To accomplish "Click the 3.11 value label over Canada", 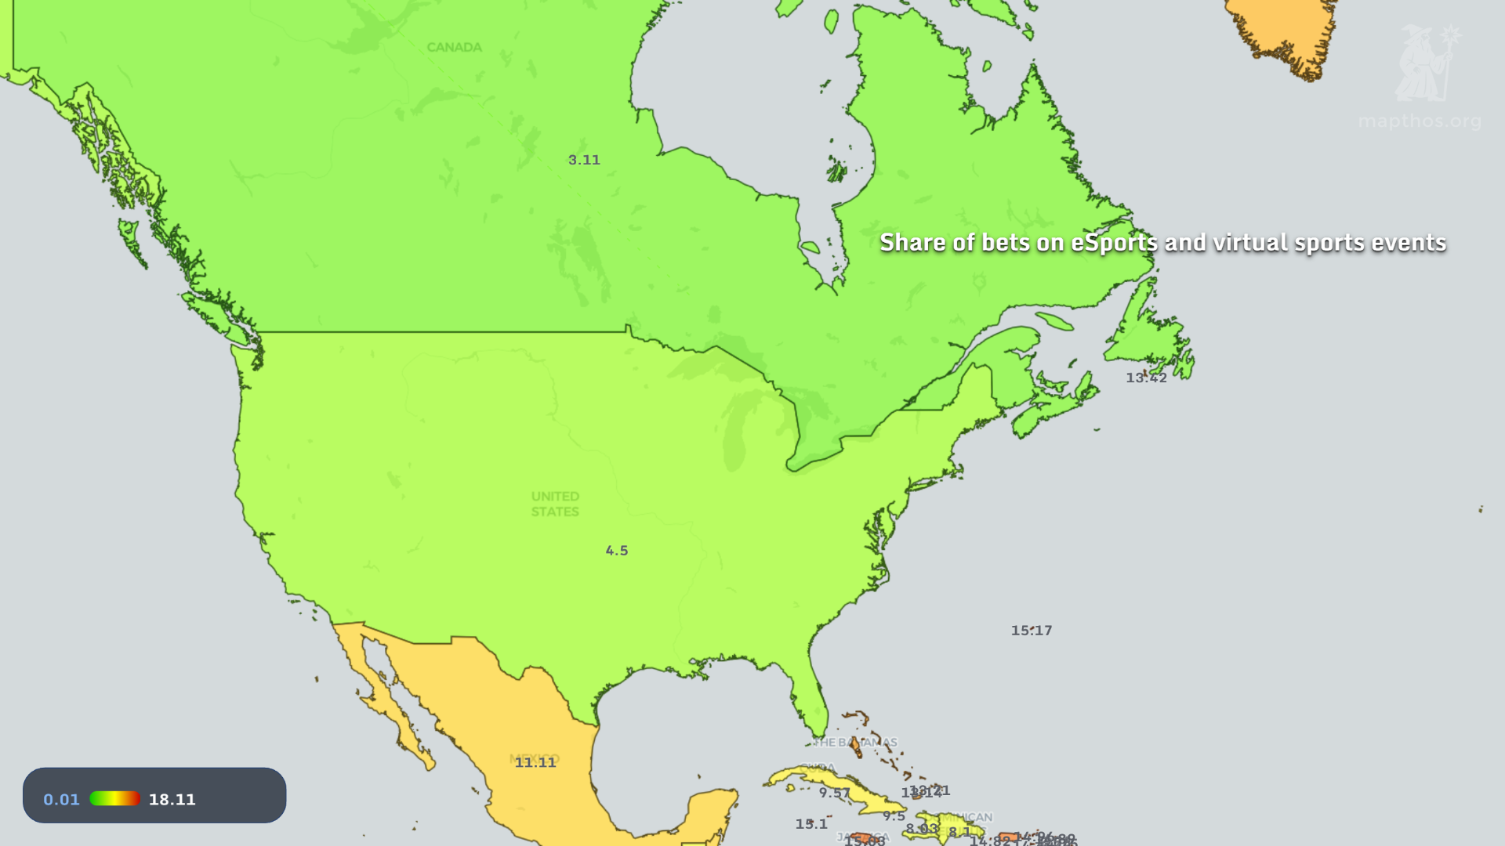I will [x=584, y=160].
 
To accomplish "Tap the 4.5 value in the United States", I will [x=617, y=551].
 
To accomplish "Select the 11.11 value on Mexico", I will [x=535, y=762].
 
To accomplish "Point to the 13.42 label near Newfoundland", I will [x=1146, y=378].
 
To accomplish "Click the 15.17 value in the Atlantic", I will [x=1031, y=631].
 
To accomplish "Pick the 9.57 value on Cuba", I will [x=834, y=793].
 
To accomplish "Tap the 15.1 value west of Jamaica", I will [x=811, y=824].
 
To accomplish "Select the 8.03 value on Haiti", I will [x=922, y=829].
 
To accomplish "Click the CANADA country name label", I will [x=454, y=47].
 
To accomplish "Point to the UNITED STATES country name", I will [x=555, y=504].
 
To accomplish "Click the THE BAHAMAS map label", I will [x=855, y=742].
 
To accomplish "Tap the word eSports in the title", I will [x=1114, y=243].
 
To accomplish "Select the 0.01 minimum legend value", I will [x=61, y=799].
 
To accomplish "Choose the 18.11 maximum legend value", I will [x=172, y=799].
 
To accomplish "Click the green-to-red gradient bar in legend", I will [x=114, y=798].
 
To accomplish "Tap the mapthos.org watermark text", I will [x=1419, y=121].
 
